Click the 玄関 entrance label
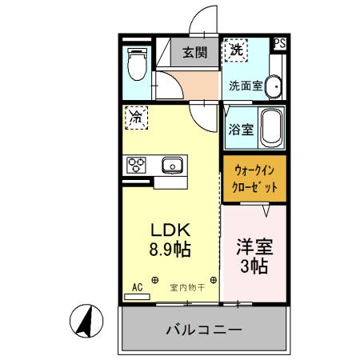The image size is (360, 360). (x=194, y=54)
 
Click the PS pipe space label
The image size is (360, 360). (x=279, y=44)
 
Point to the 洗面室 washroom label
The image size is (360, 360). (x=245, y=85)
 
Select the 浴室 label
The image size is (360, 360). (x=242, y=130)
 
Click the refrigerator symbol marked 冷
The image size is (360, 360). (x=135, y=118)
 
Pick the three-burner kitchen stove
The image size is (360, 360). (x=136, y=166)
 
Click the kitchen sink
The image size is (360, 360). (x=172, y=166)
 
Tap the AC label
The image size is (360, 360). (x=136, y=286)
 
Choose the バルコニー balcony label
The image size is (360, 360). (x=203, y=330)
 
